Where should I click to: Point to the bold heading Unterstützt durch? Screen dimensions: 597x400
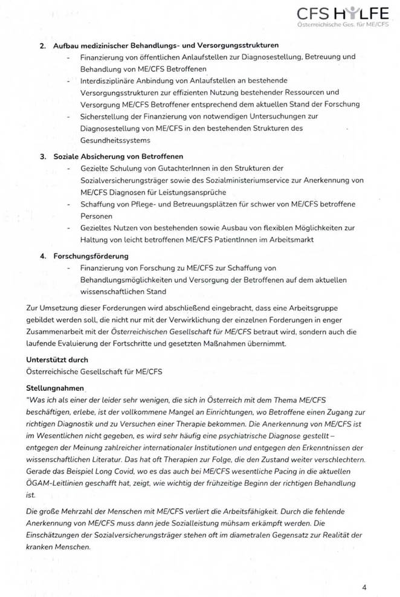coord(57,360)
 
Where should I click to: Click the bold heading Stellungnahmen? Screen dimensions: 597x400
coord(56,387)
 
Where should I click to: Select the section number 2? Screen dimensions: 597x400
coord(43,46)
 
